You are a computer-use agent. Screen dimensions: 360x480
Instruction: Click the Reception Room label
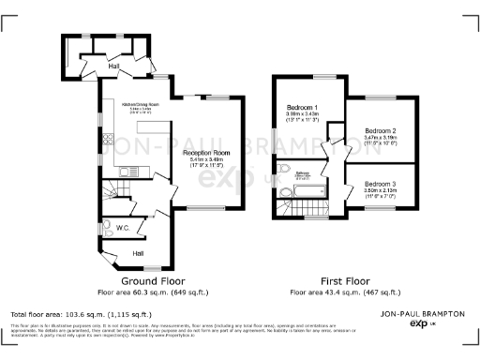point(206,152)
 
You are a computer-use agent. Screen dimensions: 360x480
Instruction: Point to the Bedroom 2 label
point(380,130)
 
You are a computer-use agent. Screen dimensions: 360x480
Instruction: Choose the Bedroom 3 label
point(380,184)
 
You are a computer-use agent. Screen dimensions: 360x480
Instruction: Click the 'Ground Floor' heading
point(154,280)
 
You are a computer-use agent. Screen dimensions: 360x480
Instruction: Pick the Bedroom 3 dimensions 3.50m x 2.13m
point(380,190)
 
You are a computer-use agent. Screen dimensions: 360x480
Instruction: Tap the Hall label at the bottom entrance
point(138,253)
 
